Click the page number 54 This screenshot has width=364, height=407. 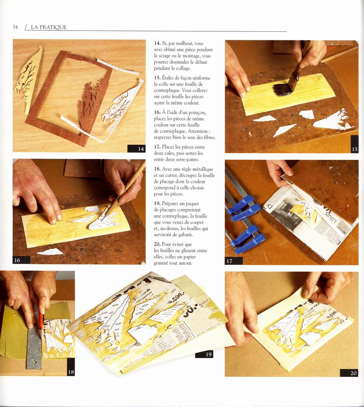tap(15, 27)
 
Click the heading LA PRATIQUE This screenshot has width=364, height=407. tap(49, 27)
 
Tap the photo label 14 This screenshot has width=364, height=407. tap(141, 149)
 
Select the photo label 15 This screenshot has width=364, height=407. tap(355, 149)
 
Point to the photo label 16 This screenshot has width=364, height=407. tap(17, 260)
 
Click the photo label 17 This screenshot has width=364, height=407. tap(229, 261)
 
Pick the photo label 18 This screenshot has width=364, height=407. tap(71, 372)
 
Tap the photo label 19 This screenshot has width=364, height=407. tap(208, 354)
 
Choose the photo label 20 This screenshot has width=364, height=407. tap(353, 373)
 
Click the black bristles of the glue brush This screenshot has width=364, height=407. tap(282, 89)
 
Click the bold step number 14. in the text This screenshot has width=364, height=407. tap(157, 43)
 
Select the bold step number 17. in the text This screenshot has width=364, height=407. tap(157, 147)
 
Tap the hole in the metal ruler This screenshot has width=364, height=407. tap(34, 362)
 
